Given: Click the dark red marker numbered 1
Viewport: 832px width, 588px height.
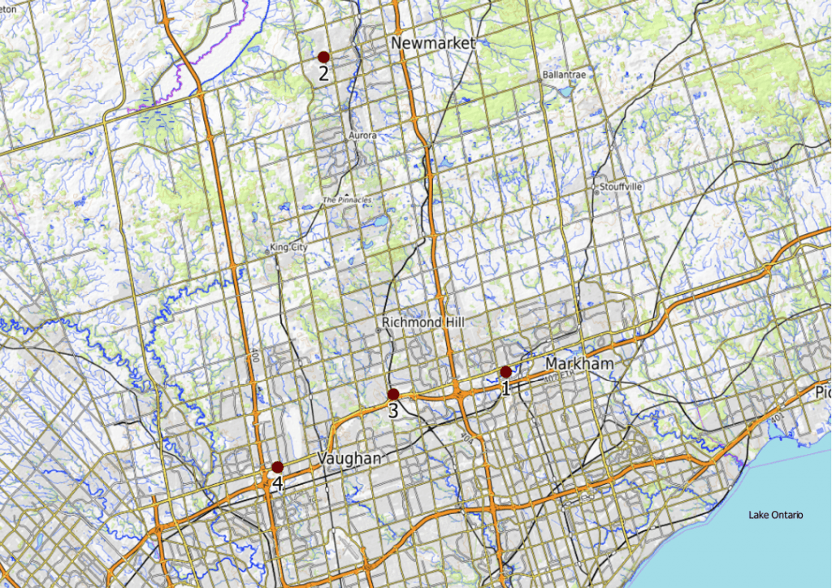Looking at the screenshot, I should click(x=505, y=372).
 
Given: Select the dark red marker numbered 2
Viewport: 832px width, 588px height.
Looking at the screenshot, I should click(x=323, y=57).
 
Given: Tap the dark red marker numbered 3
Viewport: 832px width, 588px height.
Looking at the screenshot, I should click(x=393, y=395).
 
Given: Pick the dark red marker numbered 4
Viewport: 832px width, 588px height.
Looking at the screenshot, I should click(x=277, y=467).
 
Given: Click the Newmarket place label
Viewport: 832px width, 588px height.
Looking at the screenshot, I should click(x=432, y=43).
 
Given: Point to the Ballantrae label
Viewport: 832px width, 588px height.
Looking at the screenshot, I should click(x=563, y=75).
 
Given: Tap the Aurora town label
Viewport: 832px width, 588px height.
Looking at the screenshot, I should click(x=362, y=136).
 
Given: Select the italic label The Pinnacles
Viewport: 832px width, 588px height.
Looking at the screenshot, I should click(x=347, y=200).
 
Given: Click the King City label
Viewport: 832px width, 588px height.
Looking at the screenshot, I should click(x=289, y=248).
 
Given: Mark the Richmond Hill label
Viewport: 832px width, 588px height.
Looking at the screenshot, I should click(x=423, y=322).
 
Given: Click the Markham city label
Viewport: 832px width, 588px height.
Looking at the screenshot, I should click(x=579, y=363).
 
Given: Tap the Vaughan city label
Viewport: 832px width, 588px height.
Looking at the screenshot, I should click(x=350, y=459).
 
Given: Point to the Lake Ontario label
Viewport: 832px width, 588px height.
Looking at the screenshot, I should click(x=775, y=515).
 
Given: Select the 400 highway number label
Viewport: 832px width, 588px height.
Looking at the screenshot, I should click(x=254, y=354).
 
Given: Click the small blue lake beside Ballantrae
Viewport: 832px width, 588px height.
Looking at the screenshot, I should click(x=564, y=91).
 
